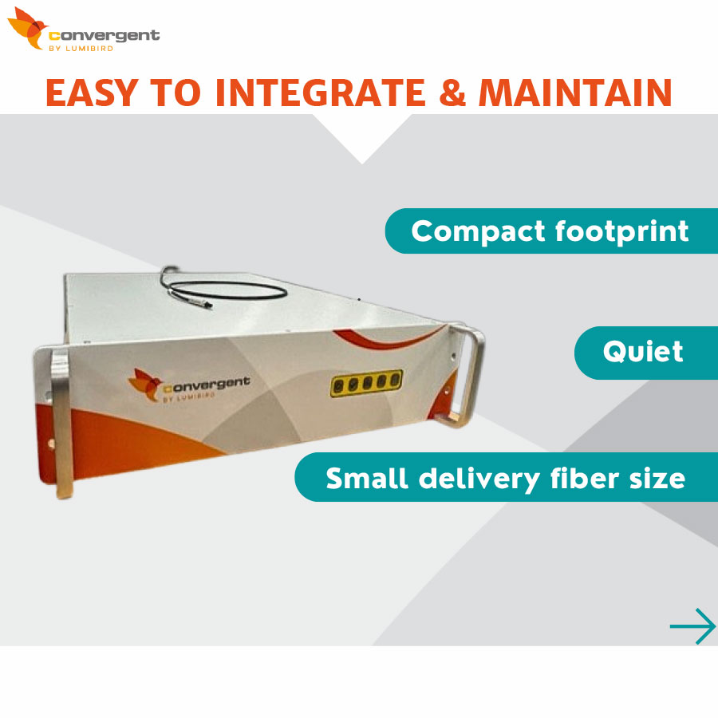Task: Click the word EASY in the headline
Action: pyautogui.click(x=92, y=93)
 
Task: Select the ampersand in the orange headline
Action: pyautogui.click(x=452, y=93)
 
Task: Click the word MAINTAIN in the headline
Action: pyautogui.click(x=575, y=93)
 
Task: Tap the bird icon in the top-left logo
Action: pyautogui.click(x=27, y=27)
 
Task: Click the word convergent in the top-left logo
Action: pyautogui.click(x=105, y=36)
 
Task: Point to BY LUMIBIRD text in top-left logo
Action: pyautogui.click(x=81, y=49)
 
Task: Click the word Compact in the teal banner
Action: pyautogui.click(x=478, y=231)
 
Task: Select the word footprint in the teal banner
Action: pyautogui.click(x=621, y=231)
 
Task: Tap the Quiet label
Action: pyautogui.click(x=643, y=352)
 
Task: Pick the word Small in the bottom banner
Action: pyautogui.click(x=367, y=478)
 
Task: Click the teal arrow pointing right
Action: pyautogui.click(x=692, y=626)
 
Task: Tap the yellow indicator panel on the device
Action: pyautogui.click(x=366, y=383)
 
